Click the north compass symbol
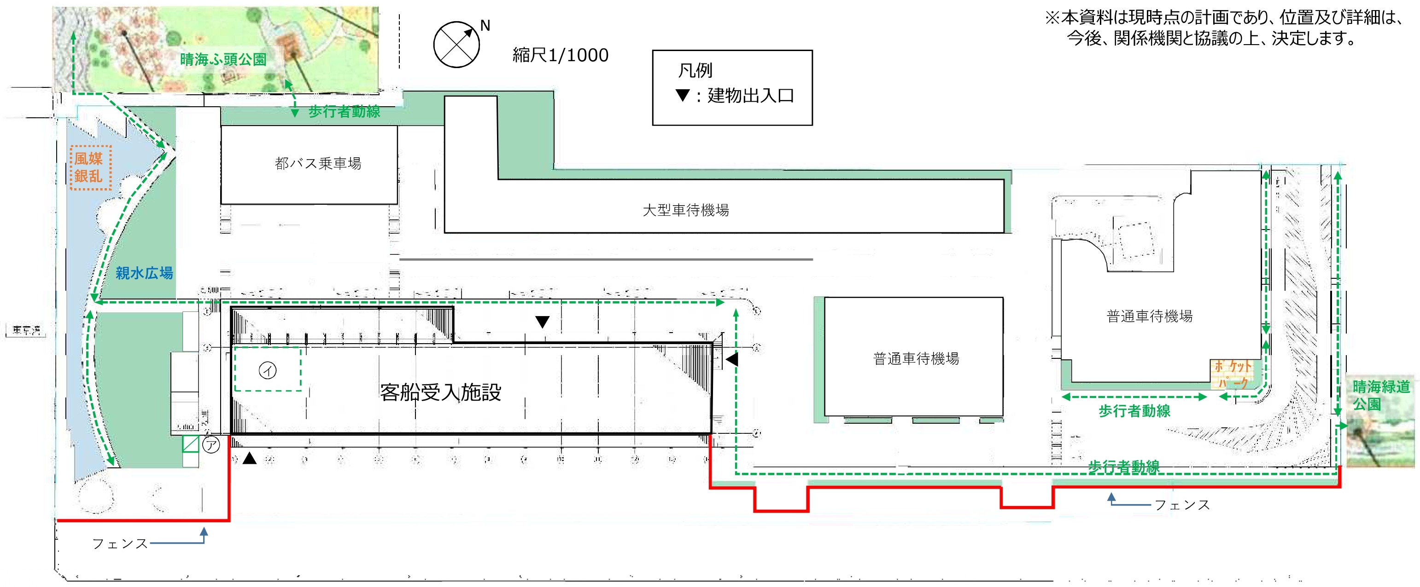click(456, 45)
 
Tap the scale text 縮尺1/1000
click(560, 55)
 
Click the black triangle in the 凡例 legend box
click(683, 95)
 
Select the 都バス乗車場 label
click(318, 163)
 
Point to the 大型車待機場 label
click(686, 210)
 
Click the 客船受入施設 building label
click(440, 392)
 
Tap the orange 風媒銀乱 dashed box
click(90, 167)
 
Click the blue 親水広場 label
click(144, 273)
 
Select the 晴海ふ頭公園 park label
click(223, 59)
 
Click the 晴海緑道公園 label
click(1380, 395)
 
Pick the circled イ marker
click(268, 371)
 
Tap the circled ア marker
click(211, 444)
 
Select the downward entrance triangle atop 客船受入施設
click(543, 322)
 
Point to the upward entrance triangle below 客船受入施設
click(250, 458)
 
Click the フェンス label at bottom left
click(120, 543)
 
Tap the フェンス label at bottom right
click(1182, 504)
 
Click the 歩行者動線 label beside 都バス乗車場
click(344, 112)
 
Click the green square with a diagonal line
click(190, 444)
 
